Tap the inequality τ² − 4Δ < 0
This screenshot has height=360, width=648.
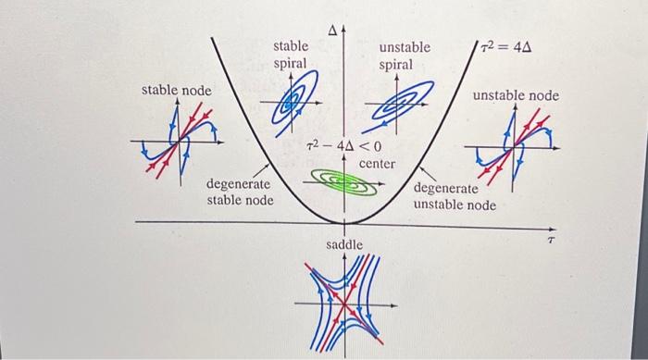click(343, 146)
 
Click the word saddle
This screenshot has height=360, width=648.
click(344, 244)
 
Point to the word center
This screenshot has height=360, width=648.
click(377, 164)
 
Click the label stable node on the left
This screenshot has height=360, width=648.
click(176, 90)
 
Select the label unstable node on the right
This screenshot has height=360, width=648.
click(516, 95)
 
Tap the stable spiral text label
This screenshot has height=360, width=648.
click(291, 55)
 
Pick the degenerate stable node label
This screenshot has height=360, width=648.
click(239, 192)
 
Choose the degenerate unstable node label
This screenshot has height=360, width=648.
click(454, 196)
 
